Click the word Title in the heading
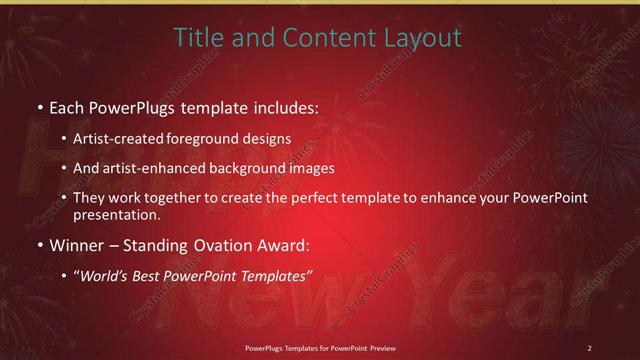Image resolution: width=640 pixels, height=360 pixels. coord(196,38)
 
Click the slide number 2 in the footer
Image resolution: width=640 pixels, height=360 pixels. coord(589,348)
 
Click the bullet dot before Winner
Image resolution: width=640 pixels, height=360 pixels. coord(39,245)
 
